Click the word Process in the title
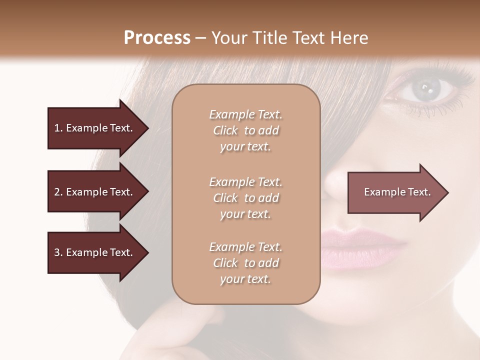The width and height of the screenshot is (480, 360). point(157,38)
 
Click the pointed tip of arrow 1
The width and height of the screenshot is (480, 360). point(147,128)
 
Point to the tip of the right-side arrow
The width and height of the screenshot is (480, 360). point(447,192)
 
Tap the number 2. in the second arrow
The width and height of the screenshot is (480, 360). point(58,192)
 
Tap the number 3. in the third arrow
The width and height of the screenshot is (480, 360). point(58,252)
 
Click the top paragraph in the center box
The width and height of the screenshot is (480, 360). point(245,130)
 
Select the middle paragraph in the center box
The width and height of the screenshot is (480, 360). point(245,198)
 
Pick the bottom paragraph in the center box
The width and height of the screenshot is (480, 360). point(245,263)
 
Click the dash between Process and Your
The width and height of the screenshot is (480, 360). point(201,38)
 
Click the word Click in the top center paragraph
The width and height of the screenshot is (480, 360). point(225,131)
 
